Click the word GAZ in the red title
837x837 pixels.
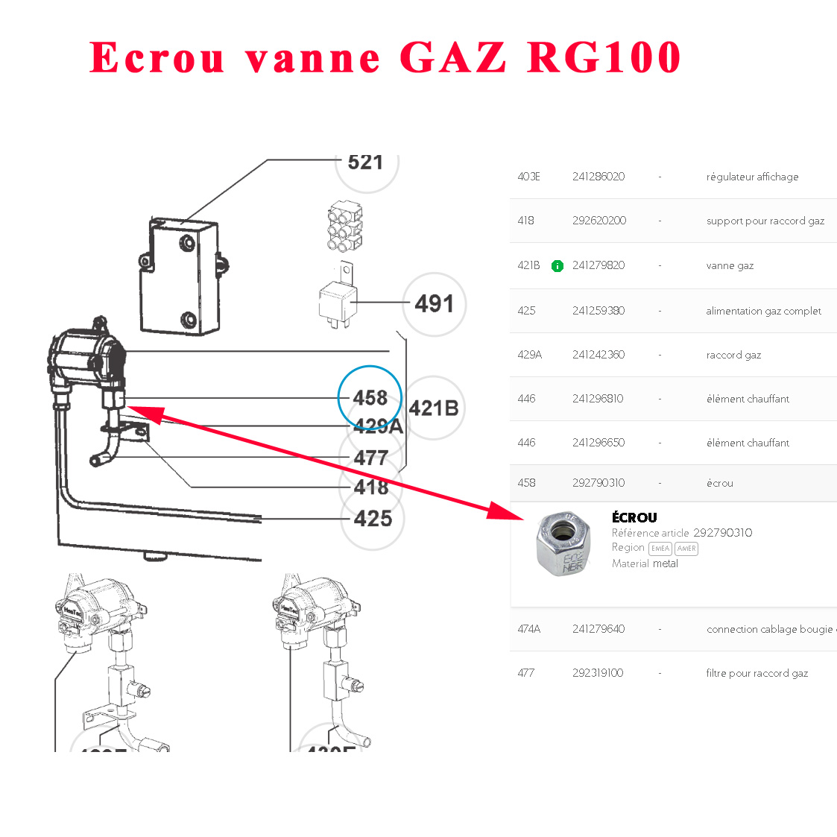453,57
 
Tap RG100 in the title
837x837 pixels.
604,57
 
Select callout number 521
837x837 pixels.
365,162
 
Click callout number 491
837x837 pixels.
434,304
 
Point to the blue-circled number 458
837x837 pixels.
370,398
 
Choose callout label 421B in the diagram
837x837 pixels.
433,408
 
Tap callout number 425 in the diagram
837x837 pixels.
373,518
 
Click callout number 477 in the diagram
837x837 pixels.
371,458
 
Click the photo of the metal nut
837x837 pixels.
563,544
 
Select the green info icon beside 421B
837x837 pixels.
557,266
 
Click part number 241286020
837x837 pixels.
598,177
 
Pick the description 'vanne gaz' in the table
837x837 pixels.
730,265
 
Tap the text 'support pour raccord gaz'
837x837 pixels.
765,221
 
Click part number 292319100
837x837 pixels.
598,673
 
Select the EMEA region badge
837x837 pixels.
660,549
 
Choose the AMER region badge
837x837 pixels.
686,549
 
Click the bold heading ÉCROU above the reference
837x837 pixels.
634,517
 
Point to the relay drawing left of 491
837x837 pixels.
338,299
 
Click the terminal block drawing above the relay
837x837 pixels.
344,226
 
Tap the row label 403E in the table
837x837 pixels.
528,177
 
